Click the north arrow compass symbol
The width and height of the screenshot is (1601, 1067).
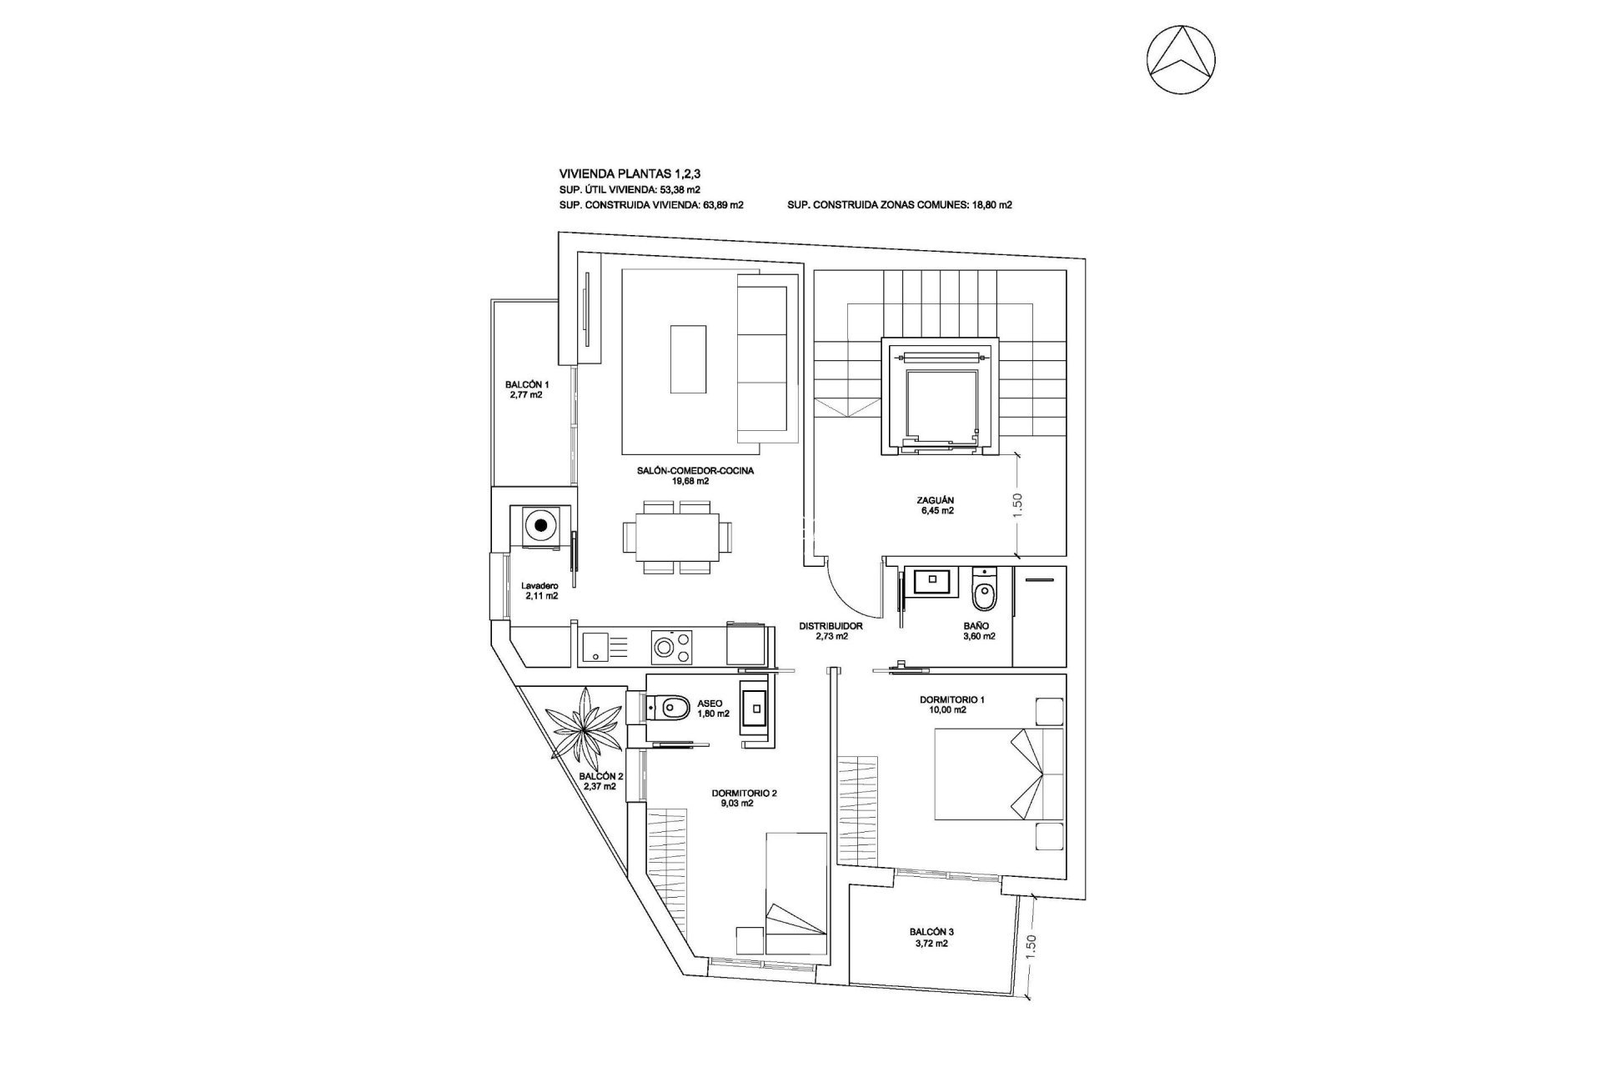[x=1180, y=60]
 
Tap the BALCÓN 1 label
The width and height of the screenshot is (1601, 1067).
[x=527, y=390]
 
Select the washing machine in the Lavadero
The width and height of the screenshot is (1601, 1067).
[x=542, y=526]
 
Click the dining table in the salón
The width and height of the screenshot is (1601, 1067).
[x=671, y=538]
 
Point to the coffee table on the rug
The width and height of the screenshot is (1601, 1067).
[x=688, y=358]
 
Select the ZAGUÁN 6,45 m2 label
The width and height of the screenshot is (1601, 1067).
[x=934, y=506]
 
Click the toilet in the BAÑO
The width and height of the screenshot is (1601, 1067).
[x=984, y=594]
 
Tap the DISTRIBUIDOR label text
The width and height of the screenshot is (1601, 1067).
[x=831, y=625]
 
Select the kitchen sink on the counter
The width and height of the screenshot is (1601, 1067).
[x=596, y=647]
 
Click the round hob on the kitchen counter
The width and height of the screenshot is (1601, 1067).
[x=665, y=647]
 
